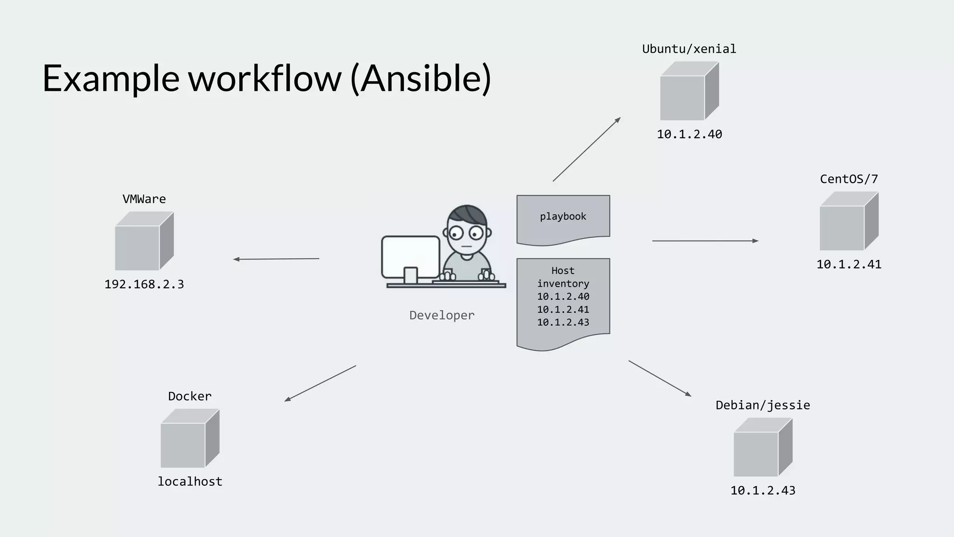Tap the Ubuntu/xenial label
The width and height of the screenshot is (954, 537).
click(x=689, y=49)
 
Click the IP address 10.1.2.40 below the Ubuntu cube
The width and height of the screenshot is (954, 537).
click(x=689, y=134)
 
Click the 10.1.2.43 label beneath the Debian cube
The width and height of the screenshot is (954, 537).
click(x=763, y=490)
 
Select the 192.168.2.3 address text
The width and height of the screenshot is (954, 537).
click(x=144, y=284)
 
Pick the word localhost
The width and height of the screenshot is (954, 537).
click(x=190, y=482)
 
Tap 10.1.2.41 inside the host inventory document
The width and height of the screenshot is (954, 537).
click(x=563, y=310)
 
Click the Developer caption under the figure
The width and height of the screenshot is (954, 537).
click(x=442, y=316)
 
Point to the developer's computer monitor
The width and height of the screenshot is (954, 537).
click(x=410, y=257)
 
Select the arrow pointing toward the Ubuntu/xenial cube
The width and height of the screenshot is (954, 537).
click(x=587, y=149)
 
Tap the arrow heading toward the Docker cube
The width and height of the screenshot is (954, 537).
click(x=320, y=383)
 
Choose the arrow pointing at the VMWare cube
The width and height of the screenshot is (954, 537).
click(x=276, y=259)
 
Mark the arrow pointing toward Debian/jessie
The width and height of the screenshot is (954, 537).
click(x=660, y=378)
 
